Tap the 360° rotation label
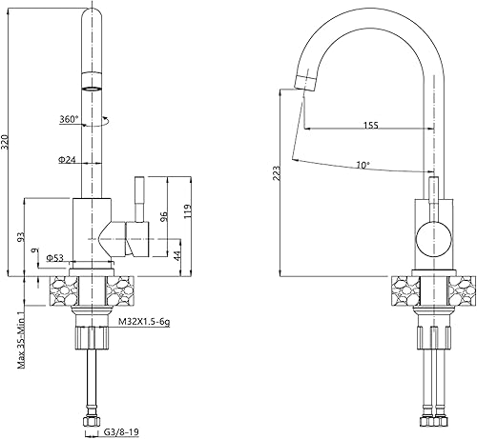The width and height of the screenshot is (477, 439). click(69, 119)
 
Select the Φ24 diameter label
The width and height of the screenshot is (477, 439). click(67, 160)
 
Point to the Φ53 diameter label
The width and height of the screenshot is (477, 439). click(54, 258)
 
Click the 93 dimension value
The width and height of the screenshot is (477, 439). click(21, 237)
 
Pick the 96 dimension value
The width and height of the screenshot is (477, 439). click(164, 217)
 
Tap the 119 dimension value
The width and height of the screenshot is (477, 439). click(188, 211)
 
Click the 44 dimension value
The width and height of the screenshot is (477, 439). click(177, 255)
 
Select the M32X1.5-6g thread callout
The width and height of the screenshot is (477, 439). click(144, 322)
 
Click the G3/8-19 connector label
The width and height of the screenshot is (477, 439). click(121, 431)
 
